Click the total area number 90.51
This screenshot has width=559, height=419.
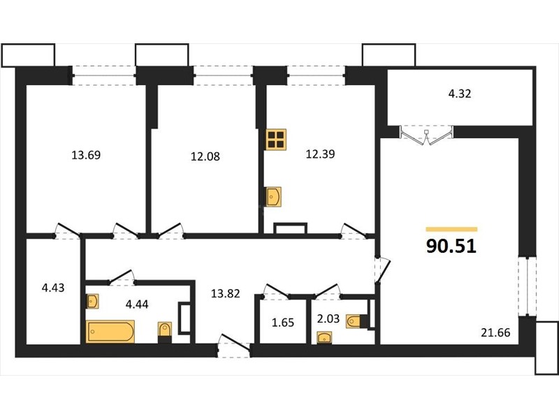pyautogui.click(x=451, y=246)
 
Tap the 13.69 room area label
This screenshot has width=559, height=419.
pyautogui.click(x=86, y=155)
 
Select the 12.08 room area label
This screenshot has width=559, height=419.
pyautogui.click(x=205, y=156)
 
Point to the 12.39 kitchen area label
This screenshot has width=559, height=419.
pyautogui.click(x=320, y=154)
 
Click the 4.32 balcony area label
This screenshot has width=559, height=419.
pyautogui.click(x=460, y=94)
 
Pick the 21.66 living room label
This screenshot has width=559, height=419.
pyautogui.click(x=495, y=332)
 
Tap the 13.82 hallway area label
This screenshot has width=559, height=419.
pyautogui.click(x=225, y=293)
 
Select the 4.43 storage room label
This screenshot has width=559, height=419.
pyautogui.click(x=53, y=288)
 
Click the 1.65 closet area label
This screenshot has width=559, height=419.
pyautogui.click(x=283, y=323)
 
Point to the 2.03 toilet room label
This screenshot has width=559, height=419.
pyautogui.click(x=328, y=318)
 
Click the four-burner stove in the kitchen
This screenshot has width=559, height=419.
pyautogui.click(x=276, y=139)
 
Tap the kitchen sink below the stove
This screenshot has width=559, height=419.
pyautogui.click(x=273, y=197)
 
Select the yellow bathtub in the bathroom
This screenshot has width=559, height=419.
pyautogui.click(x=110, y=332)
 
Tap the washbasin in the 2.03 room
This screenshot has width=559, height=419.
pyautogui.click(x=324, y=337)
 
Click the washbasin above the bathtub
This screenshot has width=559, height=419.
pyautogui.click(x=92, y=302)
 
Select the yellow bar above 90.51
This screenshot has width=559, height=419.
pyautogui.click(x=451, y=230)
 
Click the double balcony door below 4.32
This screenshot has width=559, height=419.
pyautogui.click(x=426, y=135)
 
